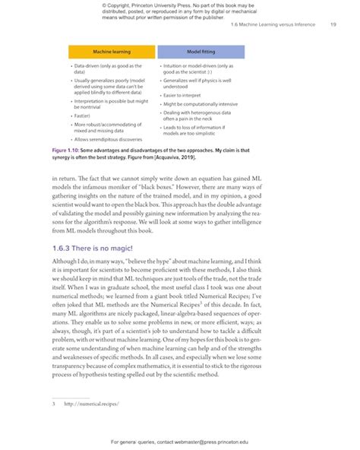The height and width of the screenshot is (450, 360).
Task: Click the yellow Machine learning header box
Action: point(112,52)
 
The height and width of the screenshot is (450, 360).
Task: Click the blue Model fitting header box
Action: point(201,52)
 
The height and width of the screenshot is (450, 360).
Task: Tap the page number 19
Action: point(333,25)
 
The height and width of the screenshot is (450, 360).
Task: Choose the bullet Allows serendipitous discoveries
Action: point(108,140)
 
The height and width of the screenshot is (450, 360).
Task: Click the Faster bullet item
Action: point(84,115)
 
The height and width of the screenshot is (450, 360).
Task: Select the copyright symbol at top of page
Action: point(102,5)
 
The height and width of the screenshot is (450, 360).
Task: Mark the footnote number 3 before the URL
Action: point(54,403)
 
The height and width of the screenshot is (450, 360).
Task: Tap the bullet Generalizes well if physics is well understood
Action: point(197,83)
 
